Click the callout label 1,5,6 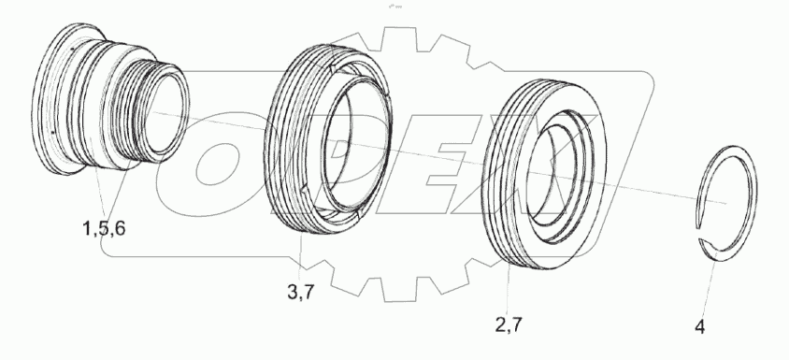104,228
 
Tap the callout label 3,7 301,292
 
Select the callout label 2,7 509,324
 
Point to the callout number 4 700,327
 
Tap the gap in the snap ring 698,234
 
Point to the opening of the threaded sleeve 165,113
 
